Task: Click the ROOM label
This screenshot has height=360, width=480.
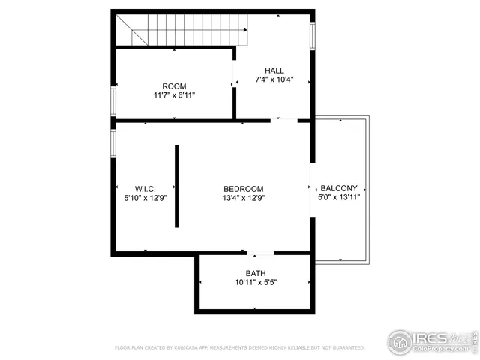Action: [x=174, y=86]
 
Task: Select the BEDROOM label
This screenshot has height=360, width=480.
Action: [x=244, y=188]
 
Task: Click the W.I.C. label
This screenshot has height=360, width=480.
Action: [x=145, y=188]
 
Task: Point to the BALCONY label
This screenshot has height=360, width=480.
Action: [x=339, y=188]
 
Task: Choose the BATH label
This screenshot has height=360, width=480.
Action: [x=256, y=273]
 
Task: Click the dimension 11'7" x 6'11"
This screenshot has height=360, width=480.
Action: [x=174, y=96]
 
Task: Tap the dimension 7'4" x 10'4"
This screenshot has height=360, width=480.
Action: [x=274, y=79]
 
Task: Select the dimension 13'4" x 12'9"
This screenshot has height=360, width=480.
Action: [x=244, y=198]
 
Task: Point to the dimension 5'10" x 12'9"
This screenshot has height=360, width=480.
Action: [x=145, y=198]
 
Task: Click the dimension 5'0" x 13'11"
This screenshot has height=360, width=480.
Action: [x=339, y=198]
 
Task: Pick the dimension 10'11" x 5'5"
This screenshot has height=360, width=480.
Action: [x=256, y=283]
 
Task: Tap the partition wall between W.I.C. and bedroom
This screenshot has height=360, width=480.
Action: [x=177, y=186]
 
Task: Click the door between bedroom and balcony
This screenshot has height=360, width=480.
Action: [x=311, y=187]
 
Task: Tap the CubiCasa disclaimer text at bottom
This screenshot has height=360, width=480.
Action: [x=239, y=348]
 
